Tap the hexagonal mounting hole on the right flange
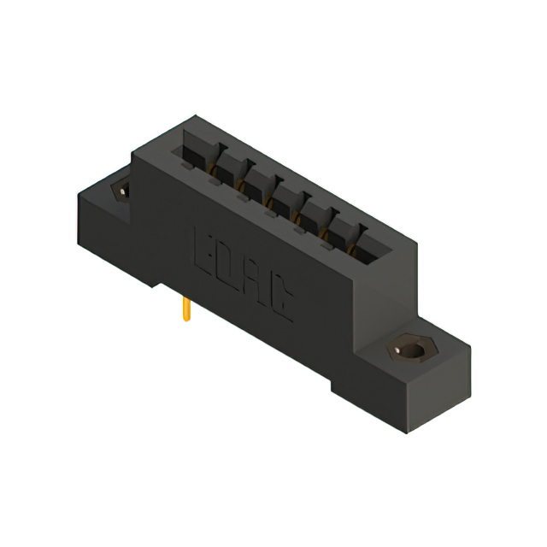pos(411,350)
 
